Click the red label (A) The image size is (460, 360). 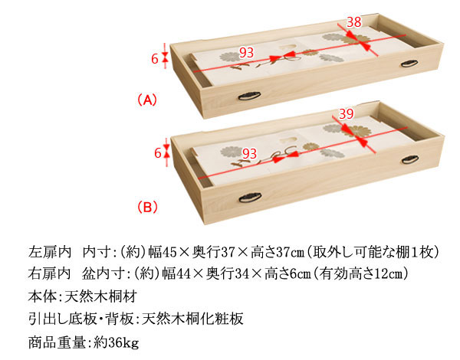147,100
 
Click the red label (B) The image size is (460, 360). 147,207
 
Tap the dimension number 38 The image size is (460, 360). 353,22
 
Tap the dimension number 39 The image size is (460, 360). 347,114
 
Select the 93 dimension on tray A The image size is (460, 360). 246,53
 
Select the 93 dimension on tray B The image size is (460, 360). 249,154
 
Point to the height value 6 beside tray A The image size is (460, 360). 155,59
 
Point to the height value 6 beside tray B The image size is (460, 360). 158,153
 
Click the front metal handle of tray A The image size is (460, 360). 249,96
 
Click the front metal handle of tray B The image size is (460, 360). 250,198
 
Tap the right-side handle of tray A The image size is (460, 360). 409,64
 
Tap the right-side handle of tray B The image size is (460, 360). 410,159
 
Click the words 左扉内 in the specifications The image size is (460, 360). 50,252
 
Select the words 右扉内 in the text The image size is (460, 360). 50,273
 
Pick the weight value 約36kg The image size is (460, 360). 117,342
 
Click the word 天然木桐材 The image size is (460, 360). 100,296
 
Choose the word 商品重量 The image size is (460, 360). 57,342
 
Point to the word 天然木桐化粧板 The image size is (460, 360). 192,319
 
